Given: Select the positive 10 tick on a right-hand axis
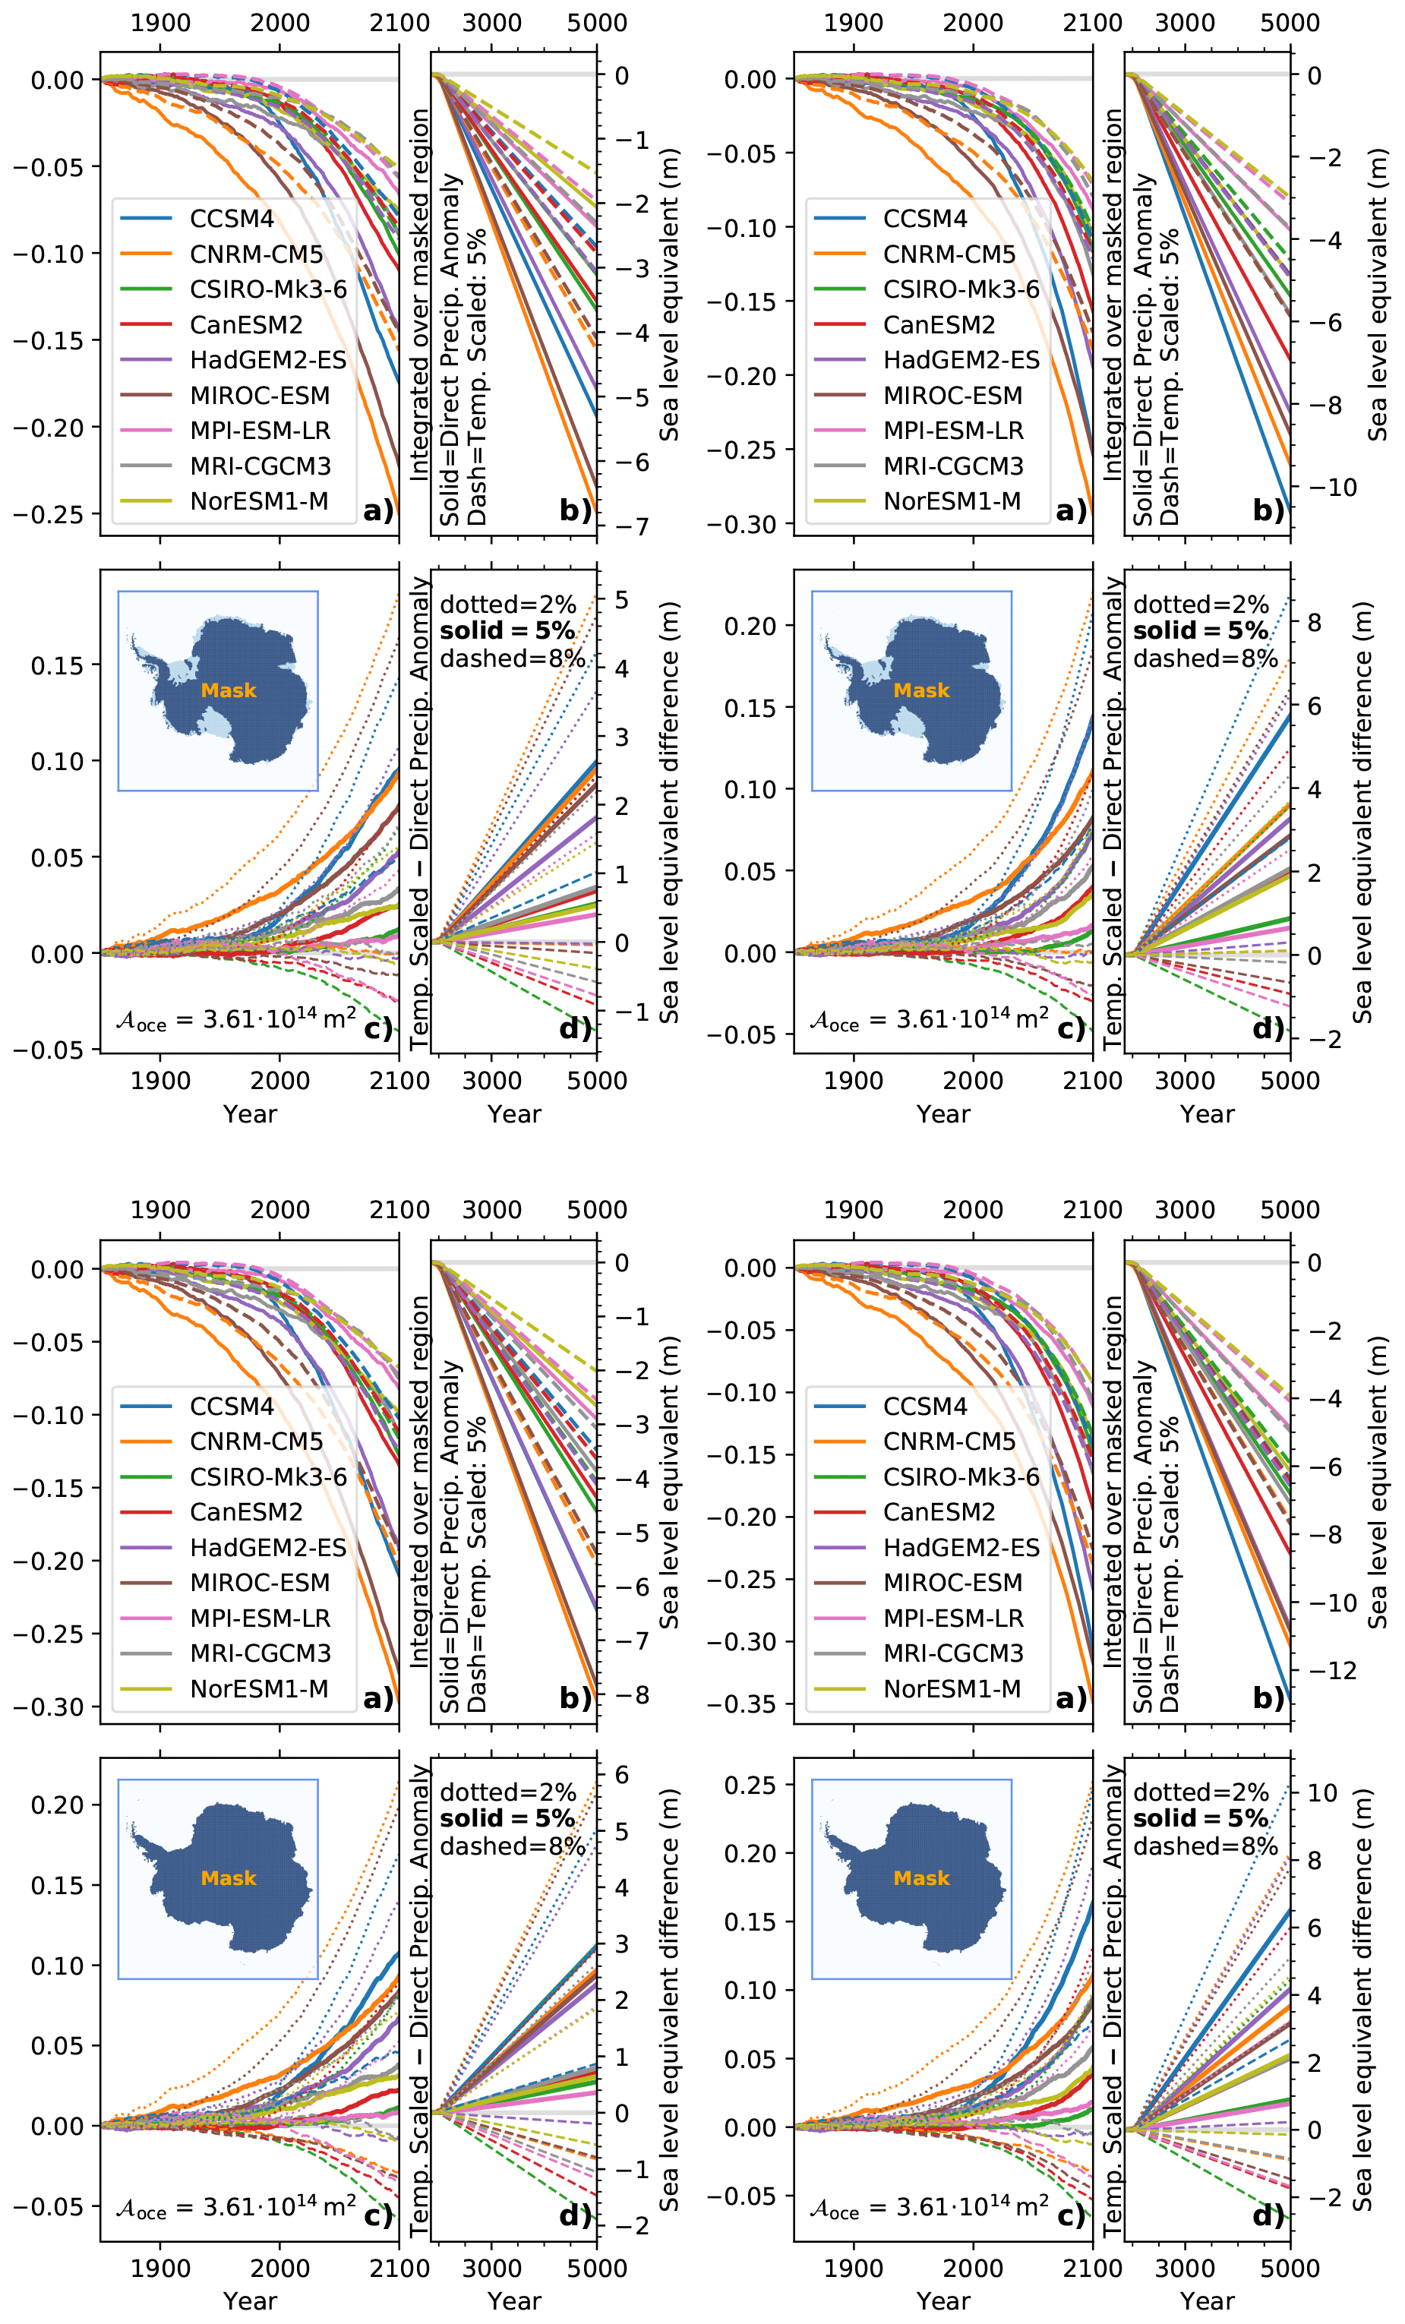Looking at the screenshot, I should (x=1322, y=1792).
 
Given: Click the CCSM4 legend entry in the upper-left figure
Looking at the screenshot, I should (x=231, y=219).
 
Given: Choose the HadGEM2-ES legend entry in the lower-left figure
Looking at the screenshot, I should (x=268, y=1548).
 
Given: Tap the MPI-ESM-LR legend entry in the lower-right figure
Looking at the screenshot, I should (x=952, y=1618).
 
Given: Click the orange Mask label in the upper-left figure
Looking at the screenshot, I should (x=228, y=690).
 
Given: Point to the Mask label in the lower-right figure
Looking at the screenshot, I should (x=921, y=1878).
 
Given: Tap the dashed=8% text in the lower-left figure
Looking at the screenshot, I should (x=512, y=1846).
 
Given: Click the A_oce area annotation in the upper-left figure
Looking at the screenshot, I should (x=235, y=1018).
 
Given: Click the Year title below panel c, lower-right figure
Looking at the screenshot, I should (x=943, y=2300).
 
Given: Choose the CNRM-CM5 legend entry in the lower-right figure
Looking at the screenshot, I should (x=949, y=1441).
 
